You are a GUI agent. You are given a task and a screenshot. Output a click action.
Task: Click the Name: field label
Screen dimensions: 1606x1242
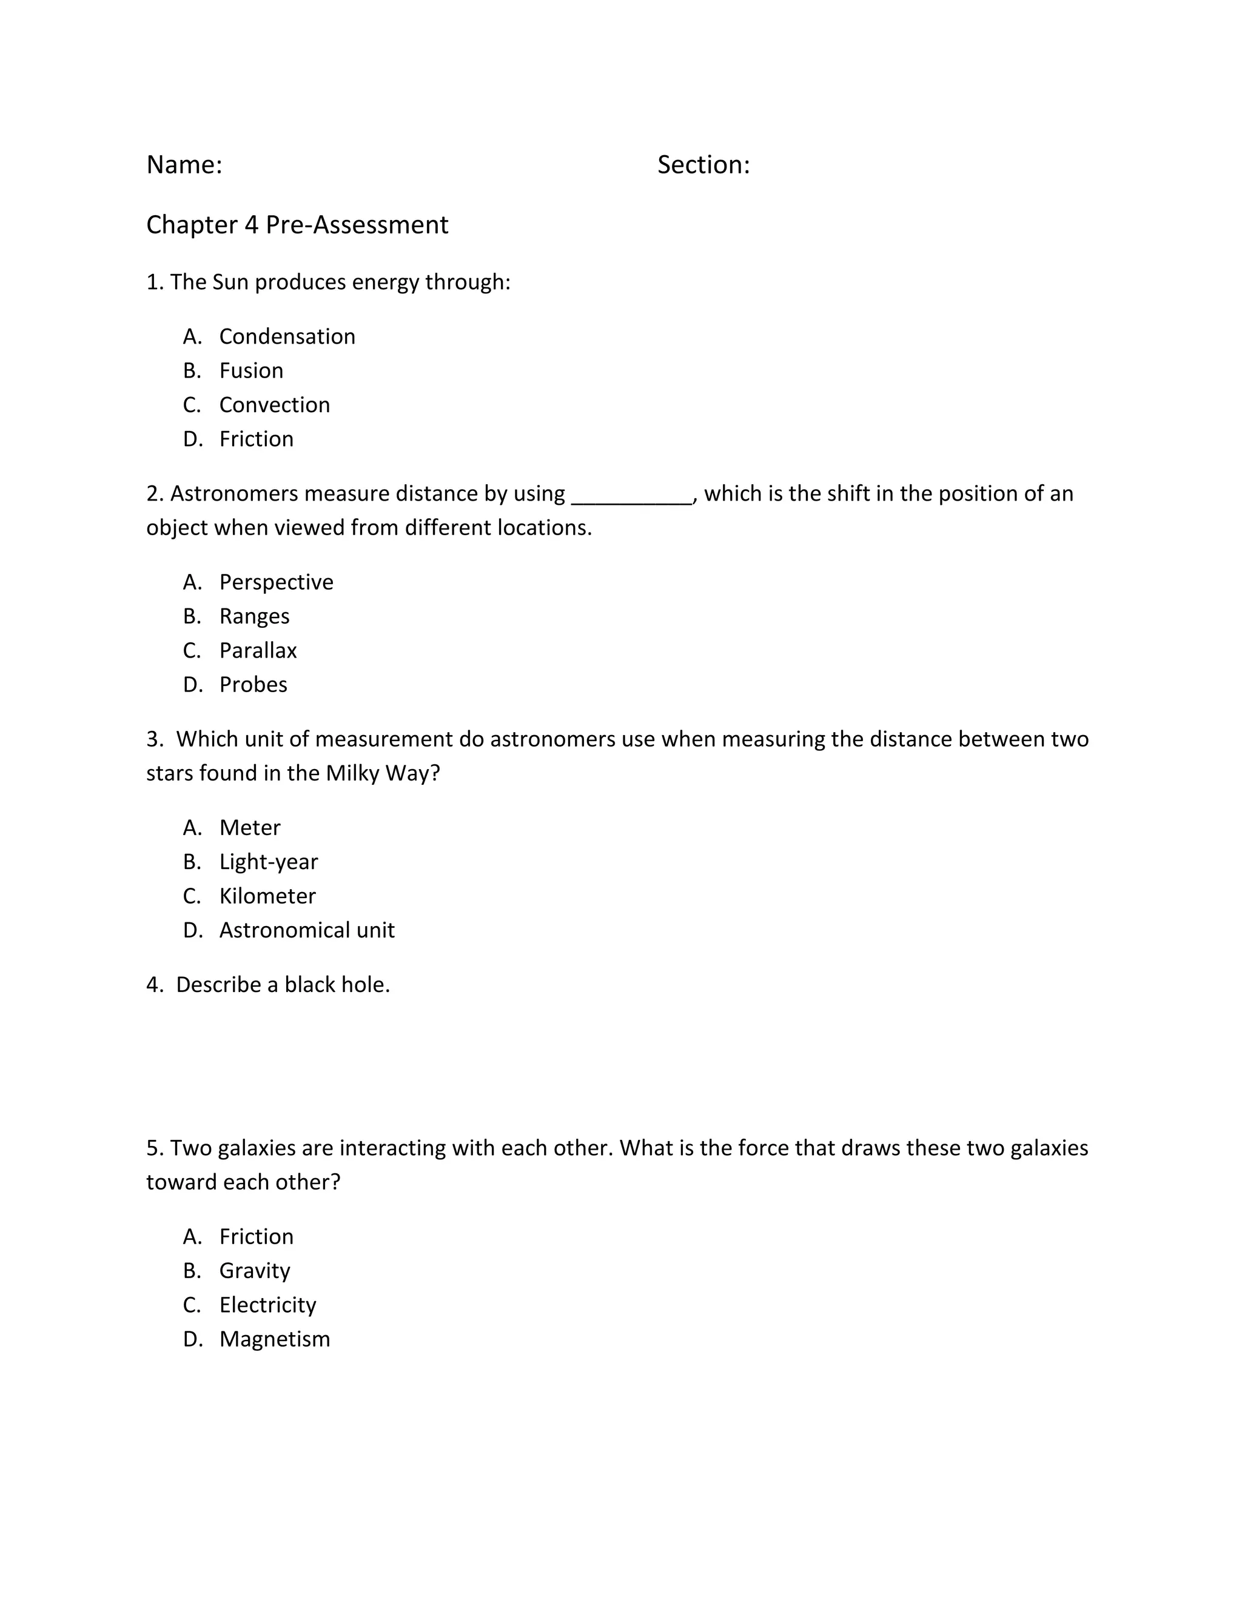184,165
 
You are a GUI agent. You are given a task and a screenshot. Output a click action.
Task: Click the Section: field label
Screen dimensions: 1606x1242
703,165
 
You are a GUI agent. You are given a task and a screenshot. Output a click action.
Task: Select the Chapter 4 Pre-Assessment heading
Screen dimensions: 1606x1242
297,225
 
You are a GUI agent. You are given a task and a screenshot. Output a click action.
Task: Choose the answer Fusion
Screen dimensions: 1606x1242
251,371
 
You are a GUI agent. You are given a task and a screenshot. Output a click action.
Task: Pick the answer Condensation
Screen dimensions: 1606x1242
287,337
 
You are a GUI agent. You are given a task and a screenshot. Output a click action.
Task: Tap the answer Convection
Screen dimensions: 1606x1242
275,405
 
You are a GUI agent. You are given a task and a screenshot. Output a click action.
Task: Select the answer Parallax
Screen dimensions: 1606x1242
258,651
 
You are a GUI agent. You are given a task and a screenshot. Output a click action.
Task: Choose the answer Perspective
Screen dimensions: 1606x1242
276,582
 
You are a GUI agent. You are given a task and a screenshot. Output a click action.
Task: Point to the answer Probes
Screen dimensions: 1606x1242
253,685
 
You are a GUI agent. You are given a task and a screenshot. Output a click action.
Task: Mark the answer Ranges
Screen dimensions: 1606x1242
254,616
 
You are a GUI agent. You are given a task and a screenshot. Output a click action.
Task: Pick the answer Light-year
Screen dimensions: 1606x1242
269,862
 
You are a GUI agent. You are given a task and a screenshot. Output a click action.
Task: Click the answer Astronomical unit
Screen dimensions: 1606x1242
307,930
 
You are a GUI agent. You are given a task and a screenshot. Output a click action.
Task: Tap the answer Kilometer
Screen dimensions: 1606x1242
267,896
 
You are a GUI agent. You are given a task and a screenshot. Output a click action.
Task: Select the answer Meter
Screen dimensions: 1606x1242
249,828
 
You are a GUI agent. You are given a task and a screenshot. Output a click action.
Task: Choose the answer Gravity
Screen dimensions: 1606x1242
255,1271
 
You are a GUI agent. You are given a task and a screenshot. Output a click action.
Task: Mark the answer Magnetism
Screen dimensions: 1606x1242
275,1339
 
